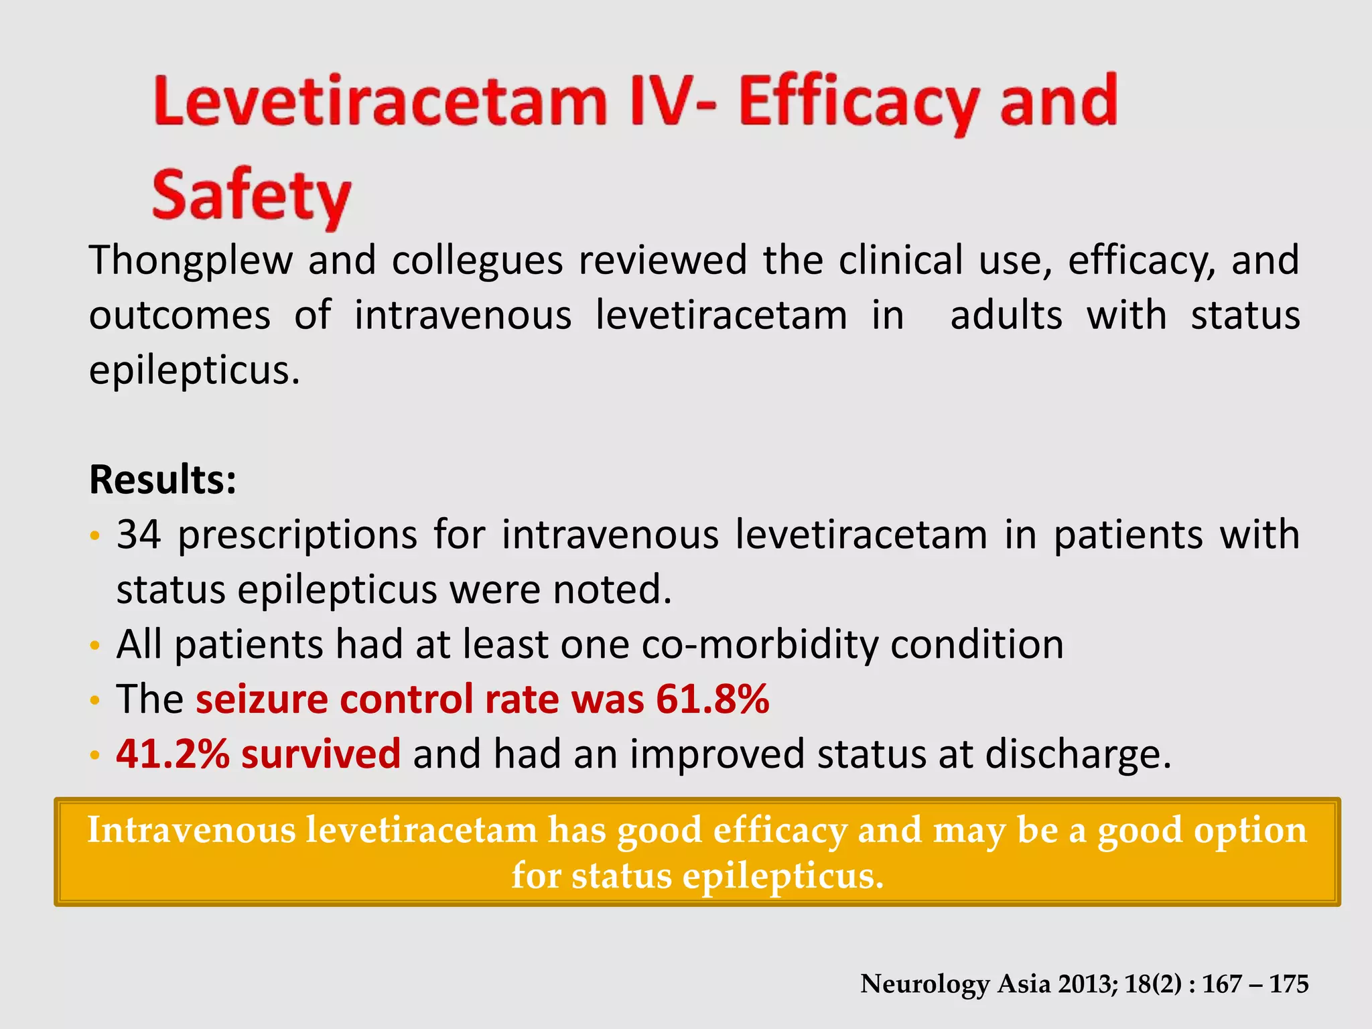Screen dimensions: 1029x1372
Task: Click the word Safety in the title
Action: coord(251,196)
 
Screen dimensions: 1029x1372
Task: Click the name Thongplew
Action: coord(191,260)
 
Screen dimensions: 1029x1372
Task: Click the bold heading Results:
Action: coord(163,480)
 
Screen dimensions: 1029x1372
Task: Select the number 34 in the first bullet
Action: coord(139,535)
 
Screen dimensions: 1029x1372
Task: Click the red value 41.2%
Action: coord(173,754)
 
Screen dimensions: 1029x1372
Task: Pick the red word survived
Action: coord(321,754)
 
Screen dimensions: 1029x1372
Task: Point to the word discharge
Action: coord(1078,754)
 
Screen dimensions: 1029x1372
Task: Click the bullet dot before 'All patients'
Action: coord(95,646)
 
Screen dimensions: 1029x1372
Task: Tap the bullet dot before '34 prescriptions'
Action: coord(95,536)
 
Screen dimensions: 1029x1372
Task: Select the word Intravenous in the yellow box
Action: coord(192,830)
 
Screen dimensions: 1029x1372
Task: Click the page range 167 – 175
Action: coord(1255,984)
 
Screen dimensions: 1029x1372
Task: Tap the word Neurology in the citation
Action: coord(924,984)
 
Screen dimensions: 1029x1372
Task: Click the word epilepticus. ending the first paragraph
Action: coord(194,370)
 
